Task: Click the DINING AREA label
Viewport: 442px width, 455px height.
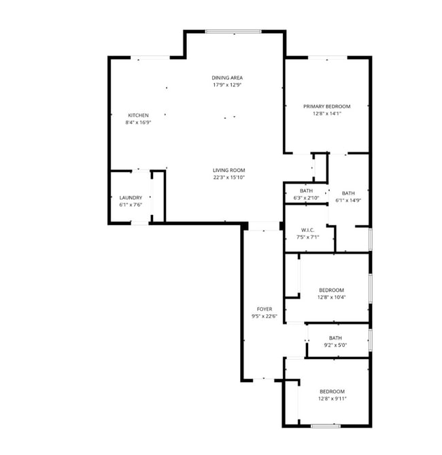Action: click(x=227, y=78)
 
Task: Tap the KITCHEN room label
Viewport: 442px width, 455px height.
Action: click(x=138, y=115)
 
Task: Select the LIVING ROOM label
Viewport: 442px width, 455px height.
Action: click(x=228, y=170)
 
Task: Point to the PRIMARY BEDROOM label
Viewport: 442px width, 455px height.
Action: click(x=326, y=106)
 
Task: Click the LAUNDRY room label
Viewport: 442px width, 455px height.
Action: click(x=131, y=198)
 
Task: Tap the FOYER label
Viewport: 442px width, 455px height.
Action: click(x=264, y=309)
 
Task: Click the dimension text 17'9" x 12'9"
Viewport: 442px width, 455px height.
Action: click(x=227, y=85)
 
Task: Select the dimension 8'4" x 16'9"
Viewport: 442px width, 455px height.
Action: click(x=138, y=122)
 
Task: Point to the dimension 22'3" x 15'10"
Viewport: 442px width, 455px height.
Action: click(x=228, y=178)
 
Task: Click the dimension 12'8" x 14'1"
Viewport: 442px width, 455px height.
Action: click(x=326, y=114)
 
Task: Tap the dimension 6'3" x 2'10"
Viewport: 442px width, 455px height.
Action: click(x=306, y=198)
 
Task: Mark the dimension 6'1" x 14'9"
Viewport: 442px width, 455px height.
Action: click(x=348, y=200)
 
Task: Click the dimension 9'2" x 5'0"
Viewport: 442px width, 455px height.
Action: click(x=335, y=345)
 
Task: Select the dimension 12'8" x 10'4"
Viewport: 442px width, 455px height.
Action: click(x=331, y=297)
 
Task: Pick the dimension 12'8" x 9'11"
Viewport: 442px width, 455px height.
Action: click(x=332, y=399)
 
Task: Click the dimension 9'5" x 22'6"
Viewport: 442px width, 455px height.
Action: click(x=264, y=316)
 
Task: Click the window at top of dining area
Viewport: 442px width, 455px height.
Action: click(x=233, y=31)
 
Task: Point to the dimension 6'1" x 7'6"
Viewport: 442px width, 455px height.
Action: click(x=131, y=205)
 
